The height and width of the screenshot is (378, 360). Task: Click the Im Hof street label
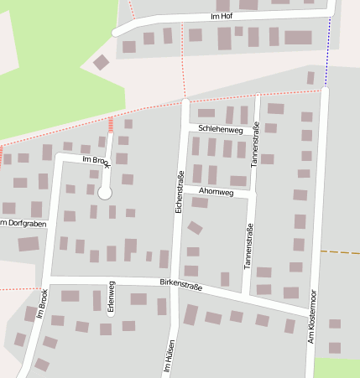pyautogui.click(x=222, y=16)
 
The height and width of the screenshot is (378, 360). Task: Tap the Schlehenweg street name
pyautogui.click(x=222, y=130)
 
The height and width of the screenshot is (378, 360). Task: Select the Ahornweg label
pyautogui.click(x=216, y=191)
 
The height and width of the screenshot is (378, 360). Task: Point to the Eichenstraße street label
pyautogui.click(x=180, y=192)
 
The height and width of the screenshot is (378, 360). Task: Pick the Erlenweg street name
pyautogui.click(x=111, y=297)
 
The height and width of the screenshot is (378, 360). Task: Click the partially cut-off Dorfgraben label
pyautogui.click(x=20, y=222)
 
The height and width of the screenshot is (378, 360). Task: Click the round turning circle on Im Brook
pyautogui.click(x=105, y=193)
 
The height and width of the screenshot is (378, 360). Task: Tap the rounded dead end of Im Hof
pyautogui.click(x=116, y=33)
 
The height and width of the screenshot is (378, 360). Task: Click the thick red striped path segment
pyautogui.click(x=111, y=124)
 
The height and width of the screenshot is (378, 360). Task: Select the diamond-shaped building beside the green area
pyautogui.click(x=101, y=62)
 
